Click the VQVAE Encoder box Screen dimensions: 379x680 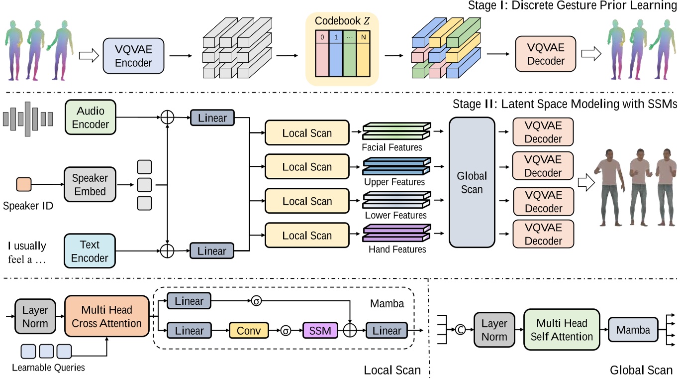click(x=133, y=56)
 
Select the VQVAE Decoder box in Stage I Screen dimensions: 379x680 click(x=546, y=54)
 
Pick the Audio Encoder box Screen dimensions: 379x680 click(x=91, y=118)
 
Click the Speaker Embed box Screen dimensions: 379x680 click(x=90, y=184)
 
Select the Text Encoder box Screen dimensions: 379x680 click(x=90, y=251)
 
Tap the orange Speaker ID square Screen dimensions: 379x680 click(x=24, y=184)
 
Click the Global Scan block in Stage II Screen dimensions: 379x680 click(x=472, y=182)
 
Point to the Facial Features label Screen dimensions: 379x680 click(x=392, y=147)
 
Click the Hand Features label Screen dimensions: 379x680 click(x=397, y=249)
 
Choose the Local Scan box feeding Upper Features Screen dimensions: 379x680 click(x=307, y=167)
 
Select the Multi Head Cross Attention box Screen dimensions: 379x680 click(x=106, y=317)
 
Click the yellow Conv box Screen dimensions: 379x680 click(x=249, y=330)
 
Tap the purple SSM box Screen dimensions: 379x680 click(x=320, y=330)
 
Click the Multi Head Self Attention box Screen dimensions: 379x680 click(x=562, y=330)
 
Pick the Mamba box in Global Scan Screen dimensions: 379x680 click(x=633, y=330)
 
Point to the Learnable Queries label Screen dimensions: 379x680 click(x=48, y=368)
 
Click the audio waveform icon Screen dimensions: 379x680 click(x=28, y=119)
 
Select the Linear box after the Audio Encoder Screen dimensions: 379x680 click(x=212, y=118)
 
